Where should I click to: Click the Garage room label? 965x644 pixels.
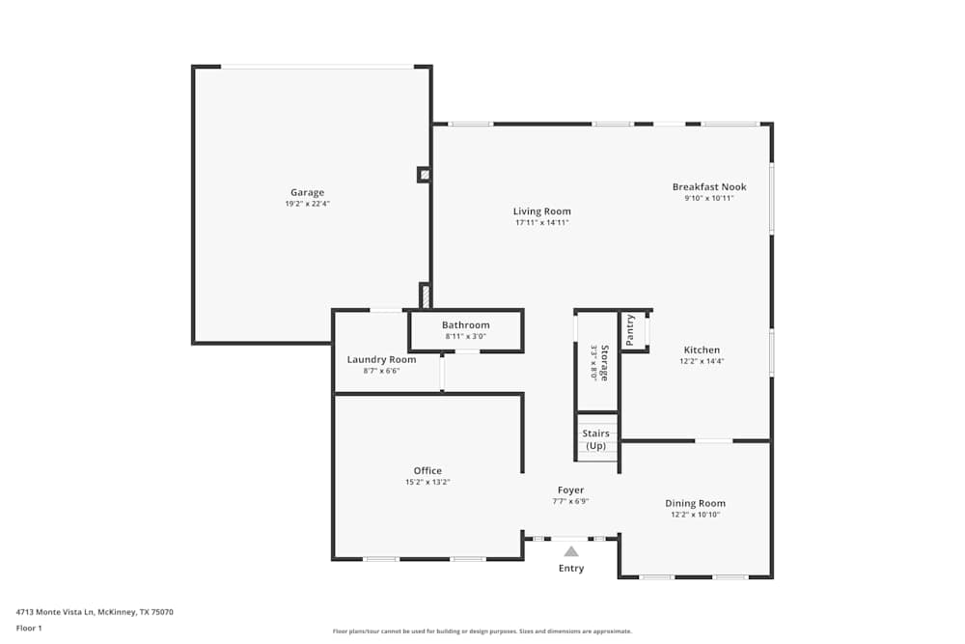308,192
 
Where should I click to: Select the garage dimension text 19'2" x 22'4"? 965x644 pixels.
308,204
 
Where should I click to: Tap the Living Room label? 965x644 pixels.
541,211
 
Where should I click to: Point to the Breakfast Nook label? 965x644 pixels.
709,187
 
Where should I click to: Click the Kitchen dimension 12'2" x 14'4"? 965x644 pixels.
702,361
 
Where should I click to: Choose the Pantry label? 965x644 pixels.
629,330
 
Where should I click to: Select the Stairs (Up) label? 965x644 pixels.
596,439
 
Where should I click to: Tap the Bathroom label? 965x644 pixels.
465,325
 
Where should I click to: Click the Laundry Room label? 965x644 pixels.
381,360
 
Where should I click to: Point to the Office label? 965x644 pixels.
427,471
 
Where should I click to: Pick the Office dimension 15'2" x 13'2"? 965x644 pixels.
427,483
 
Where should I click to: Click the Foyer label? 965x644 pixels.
570,490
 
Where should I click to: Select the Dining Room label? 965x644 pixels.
695,503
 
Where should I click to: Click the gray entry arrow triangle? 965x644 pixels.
571,552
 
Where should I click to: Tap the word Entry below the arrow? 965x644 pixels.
571,569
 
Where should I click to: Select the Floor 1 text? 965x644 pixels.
29,628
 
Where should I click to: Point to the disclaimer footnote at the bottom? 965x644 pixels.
482,631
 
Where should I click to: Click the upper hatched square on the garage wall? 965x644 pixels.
424,175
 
